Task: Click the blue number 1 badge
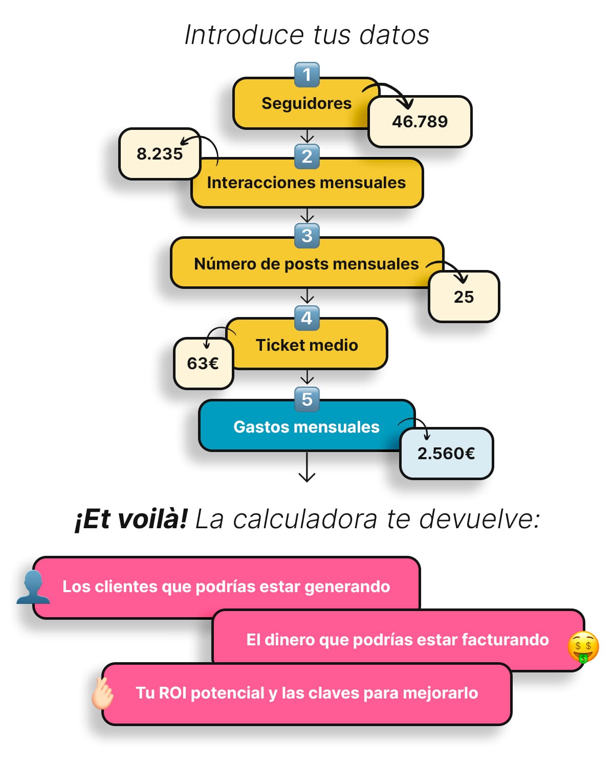[307, 75]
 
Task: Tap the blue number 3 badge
[307, 236]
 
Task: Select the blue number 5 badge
[307, 399]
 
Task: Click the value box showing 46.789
[420, 122]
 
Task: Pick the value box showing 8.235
[159, 153]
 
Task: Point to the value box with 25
[464, 297]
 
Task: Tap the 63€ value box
[203, 363]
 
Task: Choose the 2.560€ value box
[446, 453]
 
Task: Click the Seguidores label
[306, 103]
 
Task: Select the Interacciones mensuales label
[306, 183]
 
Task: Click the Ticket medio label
[306, 345]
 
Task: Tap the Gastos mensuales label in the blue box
[306, 427]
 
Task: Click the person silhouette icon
[33, 587]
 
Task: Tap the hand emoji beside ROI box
[102, 693]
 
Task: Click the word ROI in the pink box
[173, 693]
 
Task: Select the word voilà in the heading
[152, 519]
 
